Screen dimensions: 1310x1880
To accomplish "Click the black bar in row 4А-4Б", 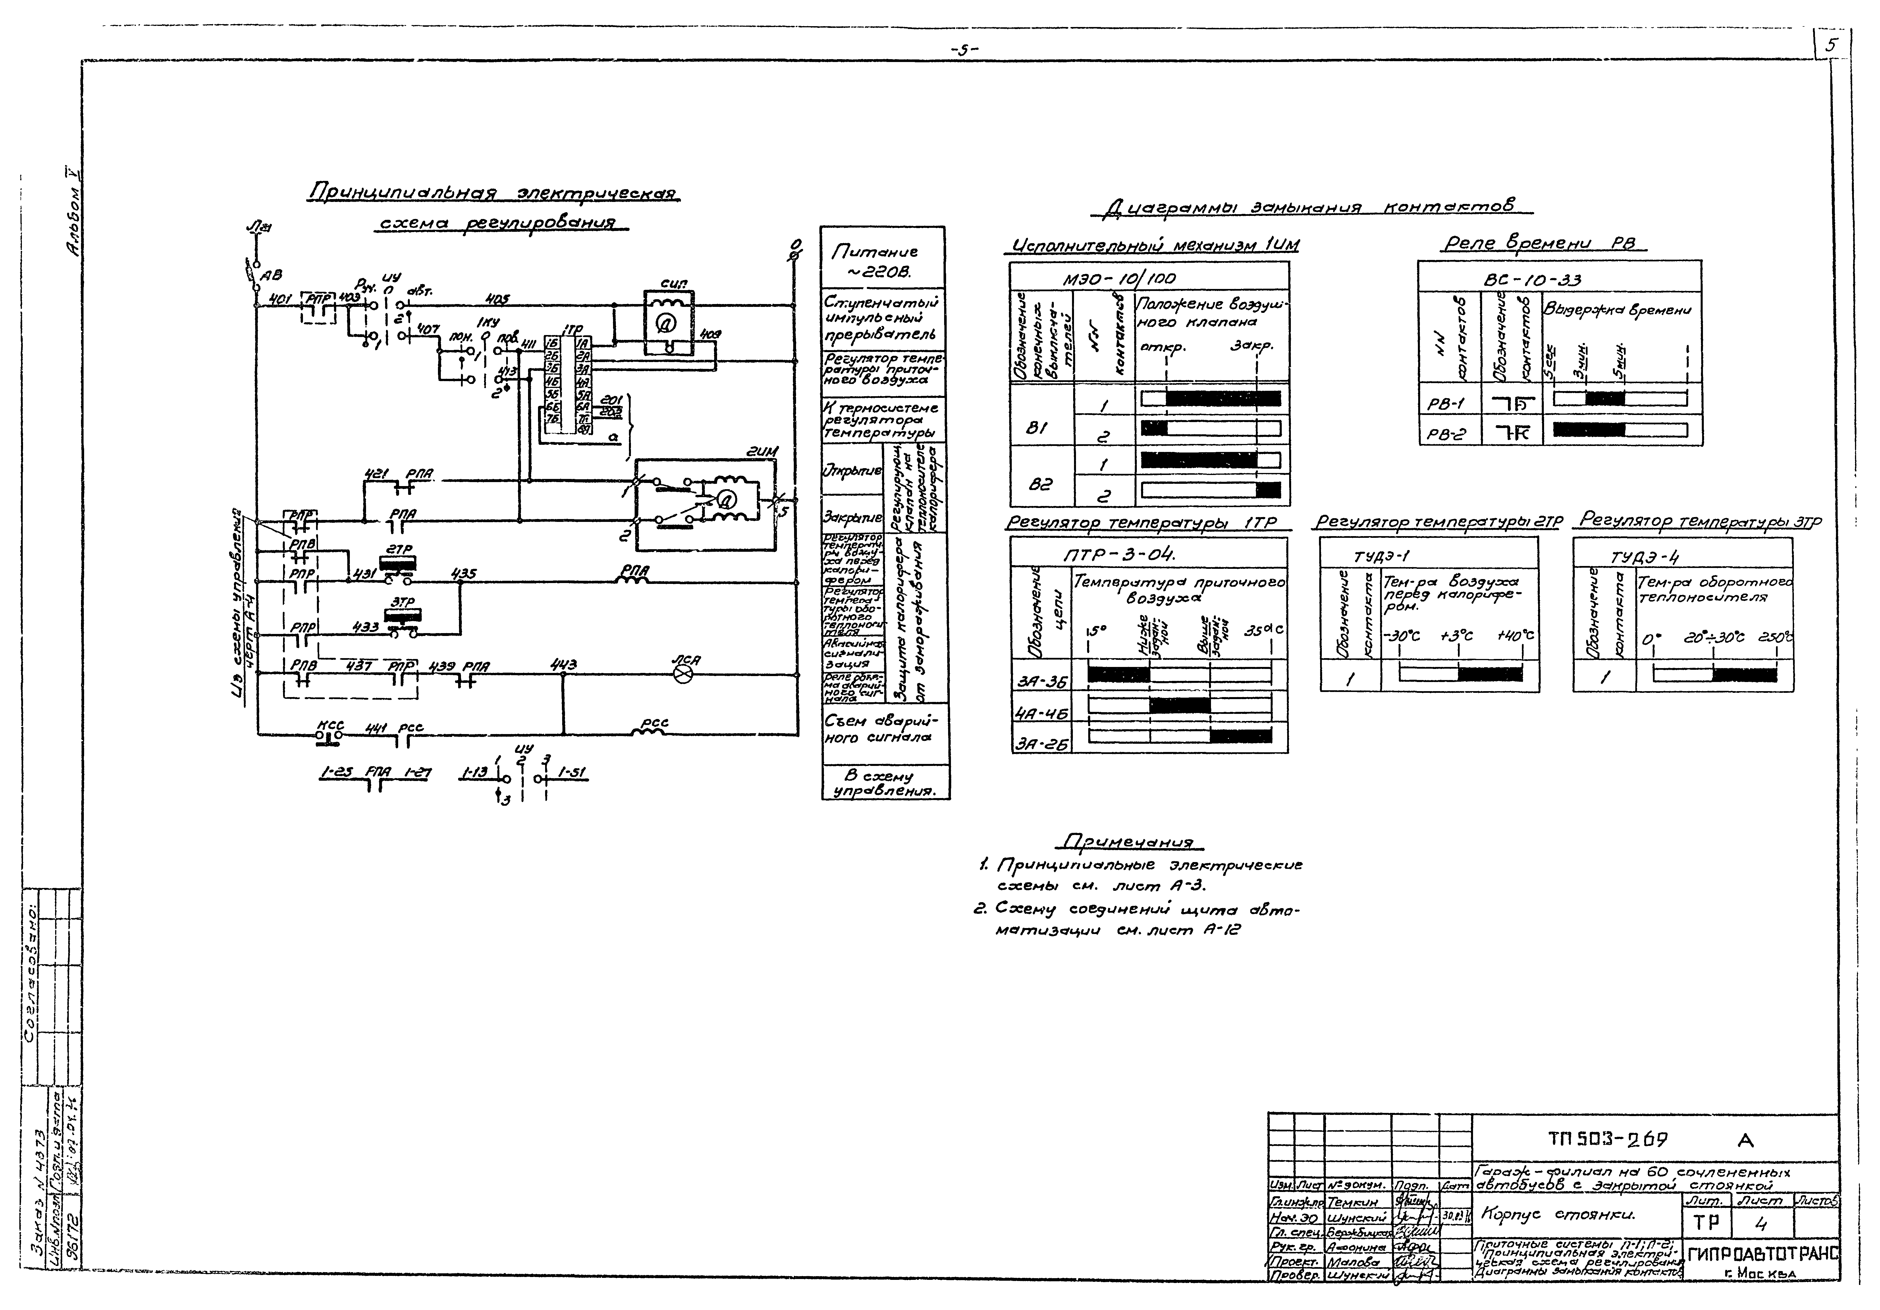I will coord(1179,705).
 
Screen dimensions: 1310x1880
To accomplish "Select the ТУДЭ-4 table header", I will coord(1644,558).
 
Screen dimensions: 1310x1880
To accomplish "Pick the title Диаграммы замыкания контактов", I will coord(1312,207).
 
